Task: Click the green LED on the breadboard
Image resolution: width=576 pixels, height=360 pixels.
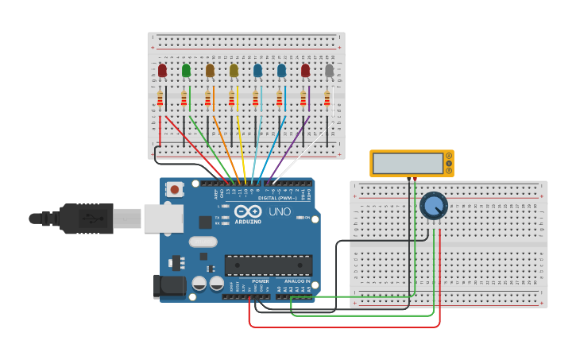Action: (186, 71)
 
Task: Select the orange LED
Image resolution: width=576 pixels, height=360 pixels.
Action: (210, 71)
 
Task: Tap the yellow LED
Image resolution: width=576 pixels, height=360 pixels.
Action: (234, 71)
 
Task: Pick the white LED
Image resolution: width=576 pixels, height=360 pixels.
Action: (329, 71)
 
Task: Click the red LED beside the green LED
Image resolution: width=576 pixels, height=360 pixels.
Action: (162, 71)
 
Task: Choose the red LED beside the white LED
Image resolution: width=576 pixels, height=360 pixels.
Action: (305, 71)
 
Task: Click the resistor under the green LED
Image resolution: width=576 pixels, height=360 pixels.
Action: (184, 99)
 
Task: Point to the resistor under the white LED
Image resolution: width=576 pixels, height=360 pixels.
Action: (327, 99)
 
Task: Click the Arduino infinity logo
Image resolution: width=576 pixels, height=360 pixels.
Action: (248, 211)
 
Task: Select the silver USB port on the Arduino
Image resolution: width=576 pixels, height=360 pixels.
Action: (163, 219)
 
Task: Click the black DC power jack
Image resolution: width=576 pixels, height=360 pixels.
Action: (168, 287)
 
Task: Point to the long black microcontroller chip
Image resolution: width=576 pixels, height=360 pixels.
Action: (268, 265)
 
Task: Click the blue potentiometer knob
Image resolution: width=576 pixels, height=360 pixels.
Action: (433, 206)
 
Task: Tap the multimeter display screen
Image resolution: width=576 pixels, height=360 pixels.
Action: (407, 163)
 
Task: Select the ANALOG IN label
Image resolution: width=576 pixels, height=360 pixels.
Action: (296, 281)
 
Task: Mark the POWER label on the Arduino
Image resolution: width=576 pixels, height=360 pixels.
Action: (261, 281)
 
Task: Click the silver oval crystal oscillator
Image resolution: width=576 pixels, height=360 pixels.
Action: (203, 242)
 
